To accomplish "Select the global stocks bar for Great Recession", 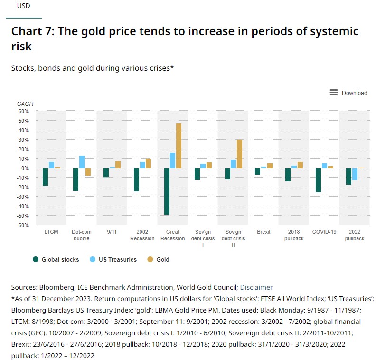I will [x=167, y=191].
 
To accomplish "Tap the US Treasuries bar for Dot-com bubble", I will [x=82, y=162].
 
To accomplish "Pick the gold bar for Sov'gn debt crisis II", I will [x=239, y=154].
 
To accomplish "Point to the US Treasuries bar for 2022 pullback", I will [x=355, y=174].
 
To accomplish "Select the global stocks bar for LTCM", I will [x=45, y=177].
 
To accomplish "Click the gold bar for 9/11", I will [x=118, y=164].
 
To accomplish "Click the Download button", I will [x=348, y=93].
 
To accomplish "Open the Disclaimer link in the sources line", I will [x=256, y=287].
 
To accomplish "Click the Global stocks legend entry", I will [x=56, y=260].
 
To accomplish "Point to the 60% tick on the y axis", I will [x=24, y=111].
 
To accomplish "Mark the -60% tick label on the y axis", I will [x=23, y=225].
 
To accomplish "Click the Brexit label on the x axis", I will [x=263, y=232].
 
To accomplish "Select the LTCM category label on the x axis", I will [x=51, y=232].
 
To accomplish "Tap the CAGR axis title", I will [x=25, y=104].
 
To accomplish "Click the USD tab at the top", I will [x=23, y=7].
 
